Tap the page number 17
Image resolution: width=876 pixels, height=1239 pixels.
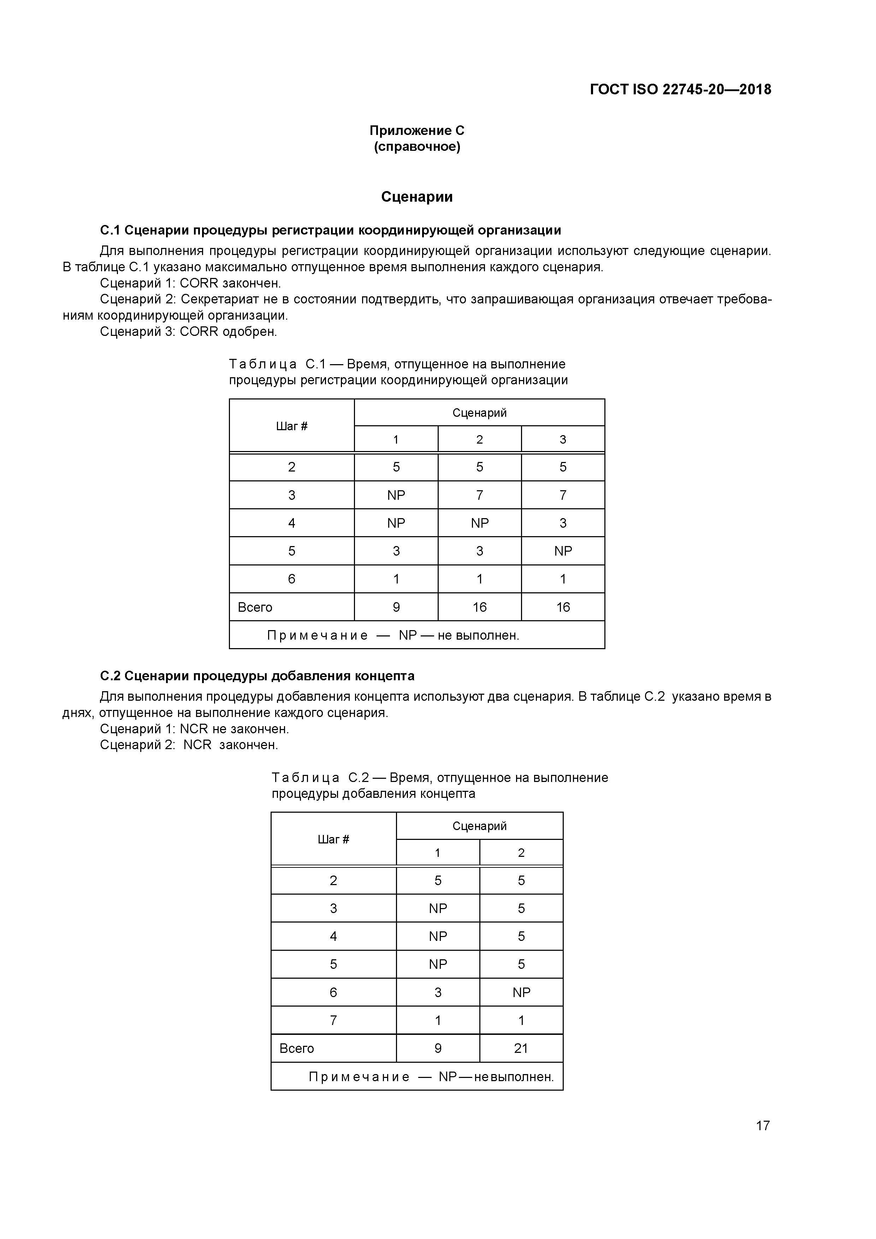(762, 1125)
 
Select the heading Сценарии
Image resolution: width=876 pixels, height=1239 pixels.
(417, 197)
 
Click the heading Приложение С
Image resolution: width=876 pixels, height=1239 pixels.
(417, 131)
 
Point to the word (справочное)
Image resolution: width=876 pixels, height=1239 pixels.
(417, 147)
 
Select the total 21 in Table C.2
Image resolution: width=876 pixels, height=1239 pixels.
(521, 1048)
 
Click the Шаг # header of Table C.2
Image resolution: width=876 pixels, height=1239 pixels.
(333, 839)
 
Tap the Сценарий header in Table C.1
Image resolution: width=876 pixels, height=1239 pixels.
(479, 413)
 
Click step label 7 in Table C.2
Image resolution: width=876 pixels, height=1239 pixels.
(333, 1020)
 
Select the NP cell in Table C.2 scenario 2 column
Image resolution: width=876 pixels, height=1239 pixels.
(521, 992)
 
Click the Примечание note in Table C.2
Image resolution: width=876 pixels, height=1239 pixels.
(431, 1077)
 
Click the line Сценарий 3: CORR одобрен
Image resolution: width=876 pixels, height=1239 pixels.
(188, 331)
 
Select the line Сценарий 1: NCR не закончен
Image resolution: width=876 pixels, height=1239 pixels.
(194, 729)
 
